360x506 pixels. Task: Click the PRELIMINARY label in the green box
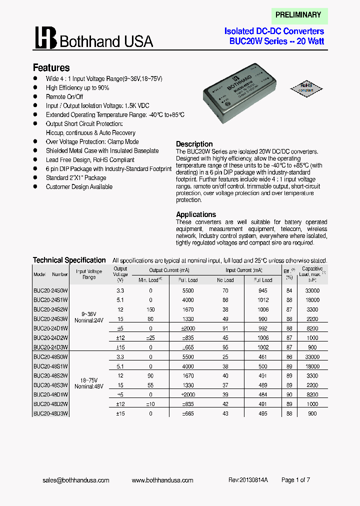298,15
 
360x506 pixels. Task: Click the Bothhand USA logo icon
45,38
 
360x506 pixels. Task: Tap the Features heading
51,67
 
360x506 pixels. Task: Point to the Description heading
194,144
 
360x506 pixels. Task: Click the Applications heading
196,214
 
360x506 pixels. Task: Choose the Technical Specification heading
69,260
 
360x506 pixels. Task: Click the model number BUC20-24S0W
50,290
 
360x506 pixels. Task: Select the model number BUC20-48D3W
50,414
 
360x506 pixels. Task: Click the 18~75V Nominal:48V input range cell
88,383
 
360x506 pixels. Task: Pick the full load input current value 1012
262,300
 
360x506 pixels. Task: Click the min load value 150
150,309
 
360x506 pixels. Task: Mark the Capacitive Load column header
312,274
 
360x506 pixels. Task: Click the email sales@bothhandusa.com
75,480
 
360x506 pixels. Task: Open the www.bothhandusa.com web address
162,480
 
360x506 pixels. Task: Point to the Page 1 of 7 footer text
295,480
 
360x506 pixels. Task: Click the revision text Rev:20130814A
248,480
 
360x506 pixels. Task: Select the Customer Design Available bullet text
79,187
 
